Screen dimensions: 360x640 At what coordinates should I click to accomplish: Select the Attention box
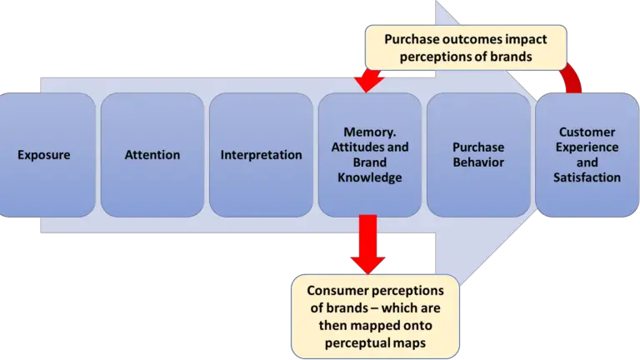(152, 155)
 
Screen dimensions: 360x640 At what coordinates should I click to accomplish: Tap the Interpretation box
(262, 155)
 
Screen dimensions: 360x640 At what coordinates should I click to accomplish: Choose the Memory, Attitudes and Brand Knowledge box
(370, 155)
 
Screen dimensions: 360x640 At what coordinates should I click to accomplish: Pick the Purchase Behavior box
(478, 155)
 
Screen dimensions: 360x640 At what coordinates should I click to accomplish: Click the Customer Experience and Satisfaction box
(587, 155)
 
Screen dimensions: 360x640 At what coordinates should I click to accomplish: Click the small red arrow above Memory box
(367, 80)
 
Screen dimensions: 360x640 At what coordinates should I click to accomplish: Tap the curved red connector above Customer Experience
(572, 79)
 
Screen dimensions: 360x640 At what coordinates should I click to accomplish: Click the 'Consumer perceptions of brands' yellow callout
(374, 313)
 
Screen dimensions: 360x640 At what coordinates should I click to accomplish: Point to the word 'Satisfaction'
(587, 177)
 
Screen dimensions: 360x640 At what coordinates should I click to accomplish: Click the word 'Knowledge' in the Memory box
(372, 177)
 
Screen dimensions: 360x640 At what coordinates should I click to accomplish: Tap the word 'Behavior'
(479, 162)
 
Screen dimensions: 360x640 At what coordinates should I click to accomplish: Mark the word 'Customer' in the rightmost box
(587, 132)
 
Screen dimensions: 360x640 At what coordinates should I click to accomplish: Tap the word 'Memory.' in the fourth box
(368, 132)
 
